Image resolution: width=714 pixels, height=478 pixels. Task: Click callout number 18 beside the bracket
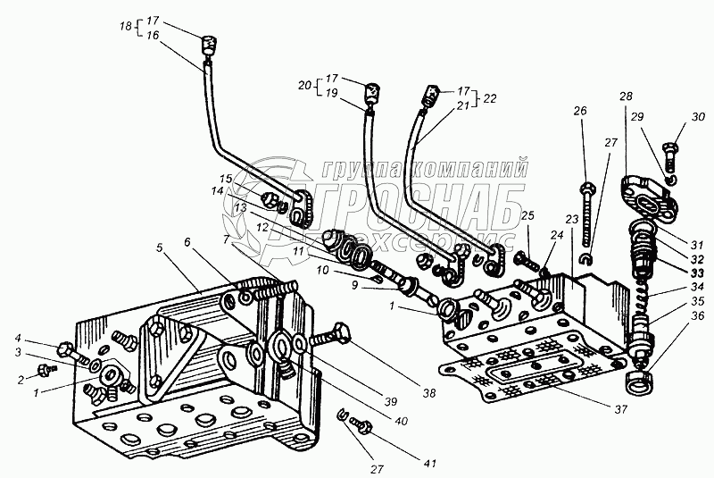coord(126,26)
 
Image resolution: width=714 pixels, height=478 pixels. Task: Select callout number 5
coord(158,248)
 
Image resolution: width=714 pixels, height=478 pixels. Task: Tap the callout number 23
coord(572,219)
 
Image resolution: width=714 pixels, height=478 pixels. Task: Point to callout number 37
coord(621,409)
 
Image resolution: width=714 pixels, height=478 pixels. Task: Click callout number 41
coord(430,464)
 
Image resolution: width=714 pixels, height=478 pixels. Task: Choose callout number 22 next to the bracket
coord(490,98)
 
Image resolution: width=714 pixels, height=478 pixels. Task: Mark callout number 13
coord(241,208)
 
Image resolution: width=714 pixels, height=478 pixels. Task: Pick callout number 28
coord(626,96)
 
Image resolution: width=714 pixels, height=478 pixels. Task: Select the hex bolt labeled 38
coord(330,337)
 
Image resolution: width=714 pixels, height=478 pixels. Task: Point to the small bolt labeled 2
coord(48,370)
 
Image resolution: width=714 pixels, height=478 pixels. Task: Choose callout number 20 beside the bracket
coord(304,85)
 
